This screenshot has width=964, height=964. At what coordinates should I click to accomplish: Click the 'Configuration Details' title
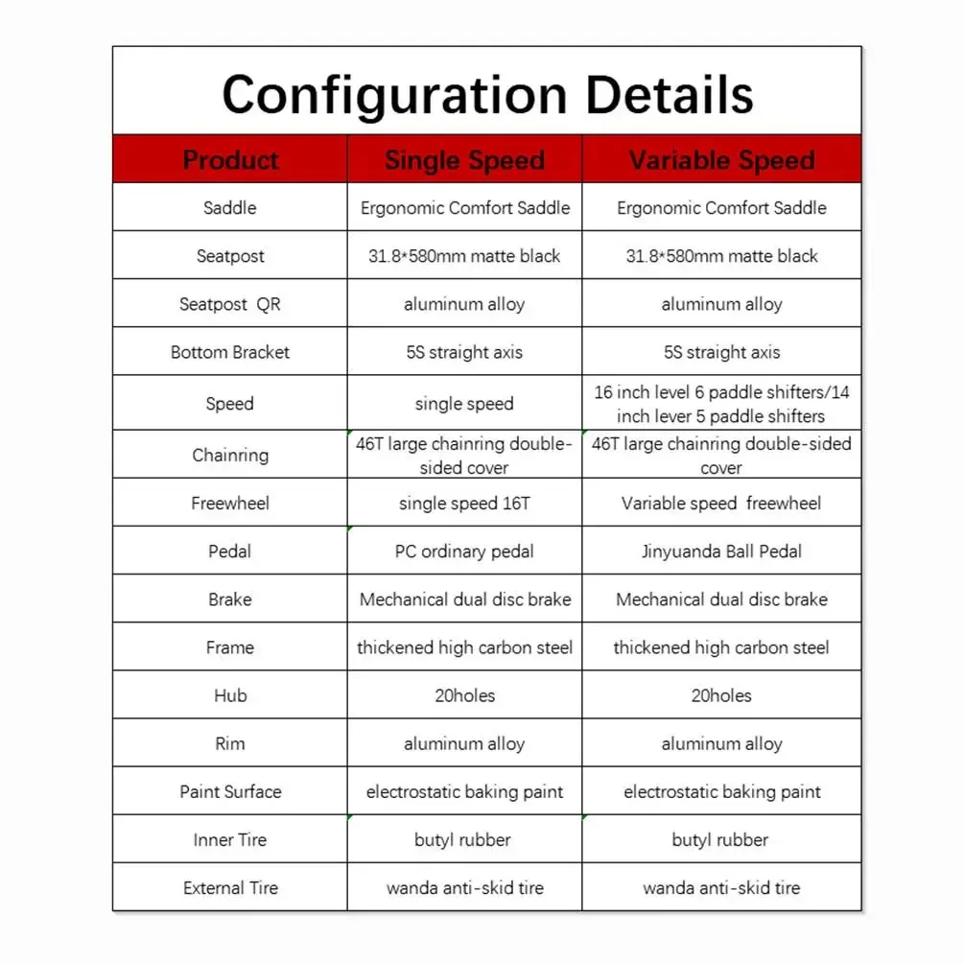click(x=487, y=94)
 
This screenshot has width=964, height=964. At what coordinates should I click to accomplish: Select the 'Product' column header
click(x=230, y=160)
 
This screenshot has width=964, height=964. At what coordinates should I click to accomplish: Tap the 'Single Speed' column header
click(x=464, y=160)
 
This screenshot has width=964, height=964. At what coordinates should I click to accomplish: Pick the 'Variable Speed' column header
click(x=721, y=160)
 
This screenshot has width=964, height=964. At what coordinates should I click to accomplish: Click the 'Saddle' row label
click(x=230, y=207)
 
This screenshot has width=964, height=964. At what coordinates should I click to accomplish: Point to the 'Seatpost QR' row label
click(x=230, y=304)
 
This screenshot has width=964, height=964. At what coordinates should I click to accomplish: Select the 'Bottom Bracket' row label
click(x=230, y=352)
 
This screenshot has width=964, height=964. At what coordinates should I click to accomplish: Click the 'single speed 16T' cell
click(x=464, y=504)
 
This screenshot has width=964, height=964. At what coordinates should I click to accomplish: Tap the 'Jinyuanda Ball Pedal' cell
click(x=721, y=552)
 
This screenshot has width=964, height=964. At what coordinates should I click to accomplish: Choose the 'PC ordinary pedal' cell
click(x=464, y=552)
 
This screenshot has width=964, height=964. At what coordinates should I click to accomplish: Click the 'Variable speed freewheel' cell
click(x=721, y=504)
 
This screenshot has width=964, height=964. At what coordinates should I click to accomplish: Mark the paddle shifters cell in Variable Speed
click(x=721, y=404)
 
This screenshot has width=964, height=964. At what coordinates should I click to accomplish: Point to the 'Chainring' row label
click(x=230, y=455)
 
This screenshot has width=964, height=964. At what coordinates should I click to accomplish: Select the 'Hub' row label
click(x=230, y=695)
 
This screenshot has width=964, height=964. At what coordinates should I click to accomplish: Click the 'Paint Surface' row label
click(x=230, y=791)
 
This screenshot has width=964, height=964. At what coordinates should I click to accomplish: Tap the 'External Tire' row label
click(x=230, y=887)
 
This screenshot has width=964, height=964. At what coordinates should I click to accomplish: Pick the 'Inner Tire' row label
click(x=230, y=839)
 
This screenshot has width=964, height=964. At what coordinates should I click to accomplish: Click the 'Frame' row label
click(x=230, y=647)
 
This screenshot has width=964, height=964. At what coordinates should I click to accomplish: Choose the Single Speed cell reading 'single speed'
click(x=464, y=404)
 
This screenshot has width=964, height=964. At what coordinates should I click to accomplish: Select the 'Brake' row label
click(x=230, y=600)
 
